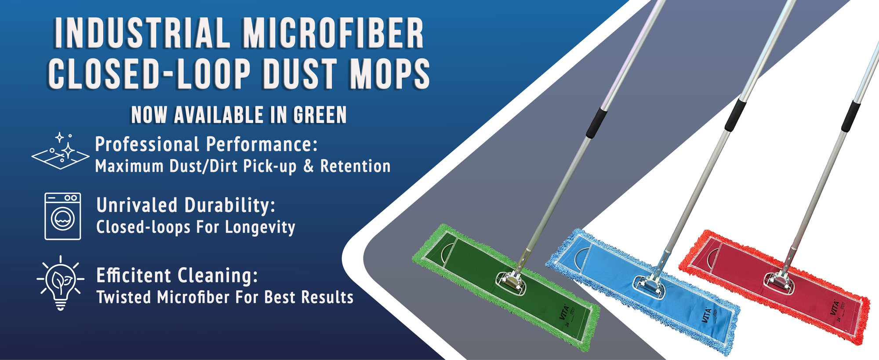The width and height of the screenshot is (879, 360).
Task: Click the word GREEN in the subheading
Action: point(320,115)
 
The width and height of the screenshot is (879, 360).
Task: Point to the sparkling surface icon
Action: point(60,151)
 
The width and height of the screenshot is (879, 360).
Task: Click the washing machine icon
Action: point(62,216)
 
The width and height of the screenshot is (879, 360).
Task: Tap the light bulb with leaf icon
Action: point(60,282)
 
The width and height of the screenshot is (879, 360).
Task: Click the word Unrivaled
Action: point(137,205)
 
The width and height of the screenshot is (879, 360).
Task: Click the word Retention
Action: point(355,166)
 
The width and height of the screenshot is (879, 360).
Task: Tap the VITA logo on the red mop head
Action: point(834,307)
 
